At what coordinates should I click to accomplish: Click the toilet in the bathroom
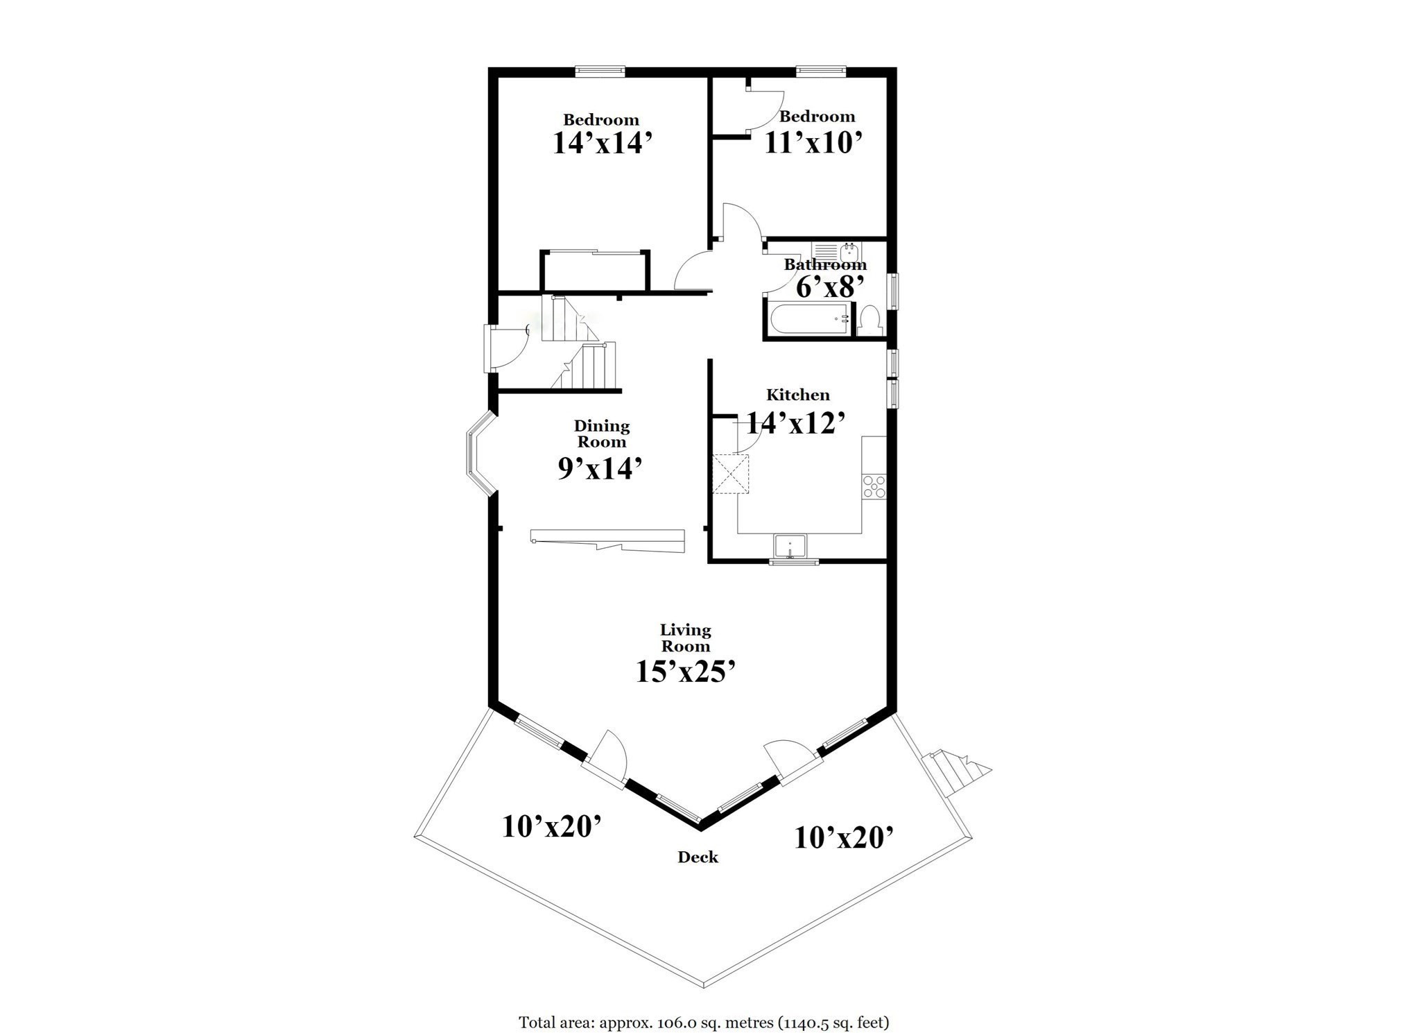tap(869, 321)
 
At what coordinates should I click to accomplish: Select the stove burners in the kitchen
tap(874, 486)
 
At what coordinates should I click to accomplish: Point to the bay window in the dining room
tap(479, 454)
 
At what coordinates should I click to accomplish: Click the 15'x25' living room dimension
tap(685, 672)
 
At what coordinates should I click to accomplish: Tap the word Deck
tap(698, 857)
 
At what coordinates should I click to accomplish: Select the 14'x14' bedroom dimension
tap(602, 143)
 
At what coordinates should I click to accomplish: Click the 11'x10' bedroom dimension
tap(813, 143)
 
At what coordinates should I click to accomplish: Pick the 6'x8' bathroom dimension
tap(830, 287)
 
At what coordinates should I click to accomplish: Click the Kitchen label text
tap(797, 395)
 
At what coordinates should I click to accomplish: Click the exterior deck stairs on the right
tap(954, 773)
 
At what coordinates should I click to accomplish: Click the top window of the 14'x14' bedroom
tap(600, 71)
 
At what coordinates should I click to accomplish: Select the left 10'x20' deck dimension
tap(551, 827)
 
